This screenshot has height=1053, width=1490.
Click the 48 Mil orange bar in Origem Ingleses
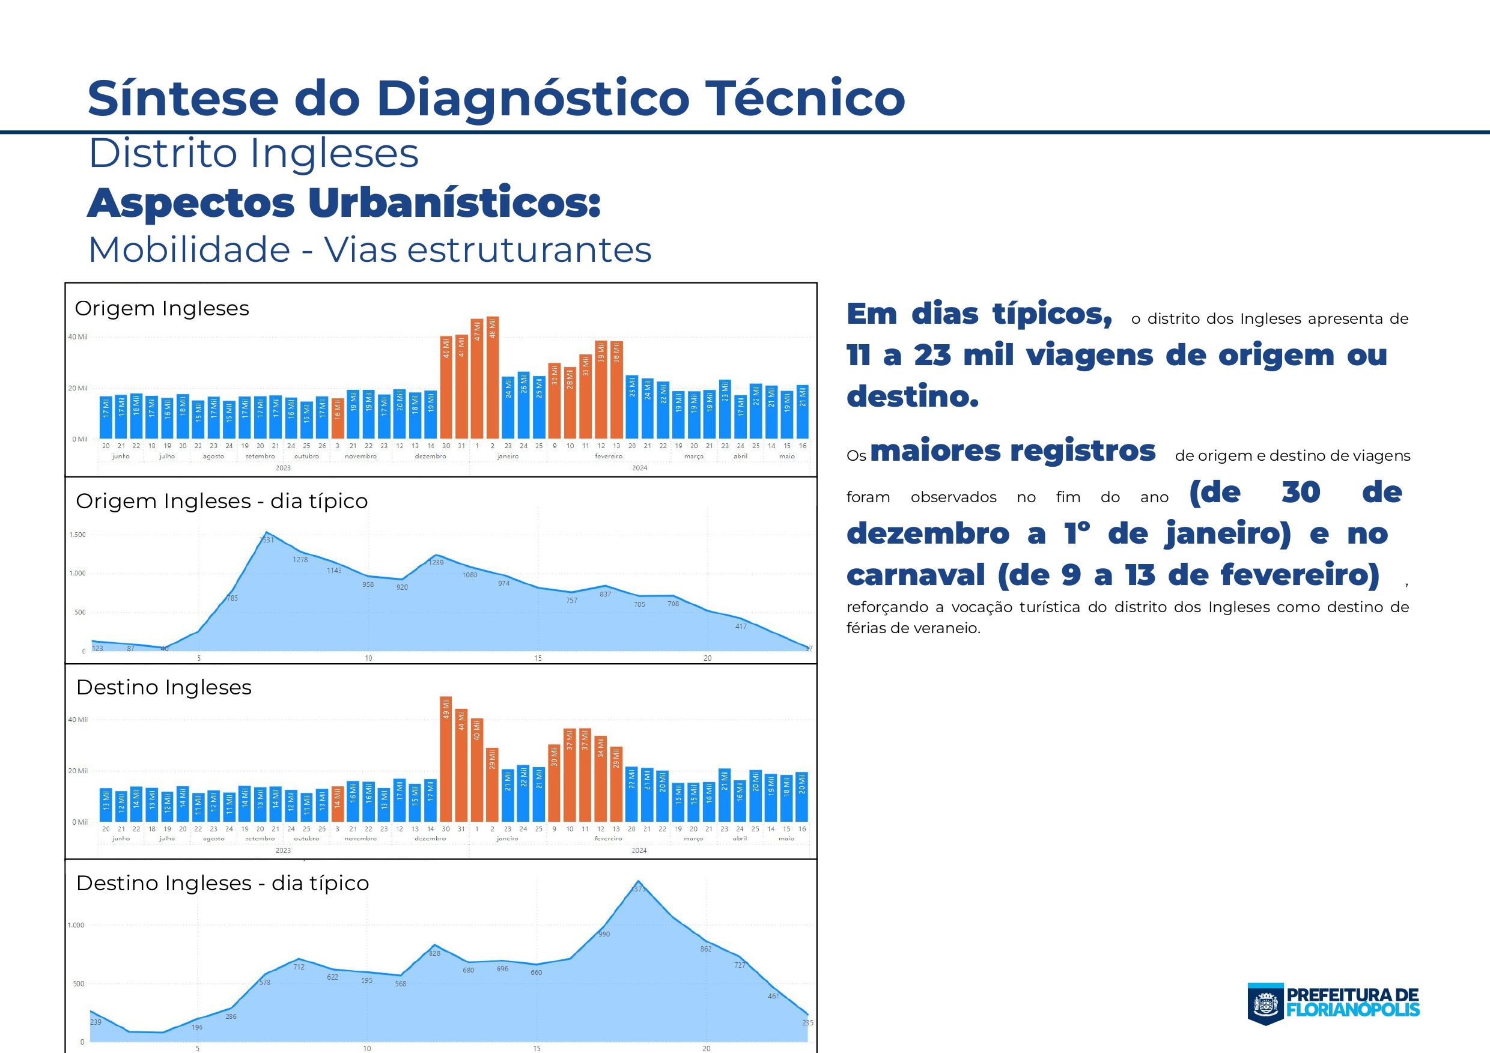click(x=493, y=377)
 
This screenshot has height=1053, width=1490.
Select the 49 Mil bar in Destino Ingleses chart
click(x=446, y=759)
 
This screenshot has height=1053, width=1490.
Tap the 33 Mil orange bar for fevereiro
click(x=585, y=396)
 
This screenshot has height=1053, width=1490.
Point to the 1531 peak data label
click(x=267, y=540)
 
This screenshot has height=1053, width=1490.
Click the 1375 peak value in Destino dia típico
click(x=639, y=889)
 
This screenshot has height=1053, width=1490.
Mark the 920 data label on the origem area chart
click(x=403, y=587)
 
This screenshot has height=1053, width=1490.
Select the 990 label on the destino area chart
click(x=604, y=934)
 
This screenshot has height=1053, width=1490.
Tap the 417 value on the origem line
click(x=740, y=626)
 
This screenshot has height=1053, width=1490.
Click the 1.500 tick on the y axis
click(x=78, y=535)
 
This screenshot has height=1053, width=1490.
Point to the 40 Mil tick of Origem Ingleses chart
click(x=78, y=337)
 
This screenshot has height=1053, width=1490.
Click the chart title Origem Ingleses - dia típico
click(x=222, y=501)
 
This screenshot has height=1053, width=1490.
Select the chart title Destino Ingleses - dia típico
click(x=222, y=883)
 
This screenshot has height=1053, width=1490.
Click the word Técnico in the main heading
click(x=804, y=98)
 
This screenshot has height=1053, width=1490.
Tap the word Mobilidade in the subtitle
click(x=189, y=250)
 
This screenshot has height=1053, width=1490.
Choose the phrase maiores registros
click(x=1012, y=451)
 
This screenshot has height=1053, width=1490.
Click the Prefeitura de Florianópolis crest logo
click(x=1265, y=1004)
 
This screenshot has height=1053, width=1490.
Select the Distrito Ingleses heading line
click(x=254, y=154)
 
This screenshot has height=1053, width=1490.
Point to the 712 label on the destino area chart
click(x=299, y=967)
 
